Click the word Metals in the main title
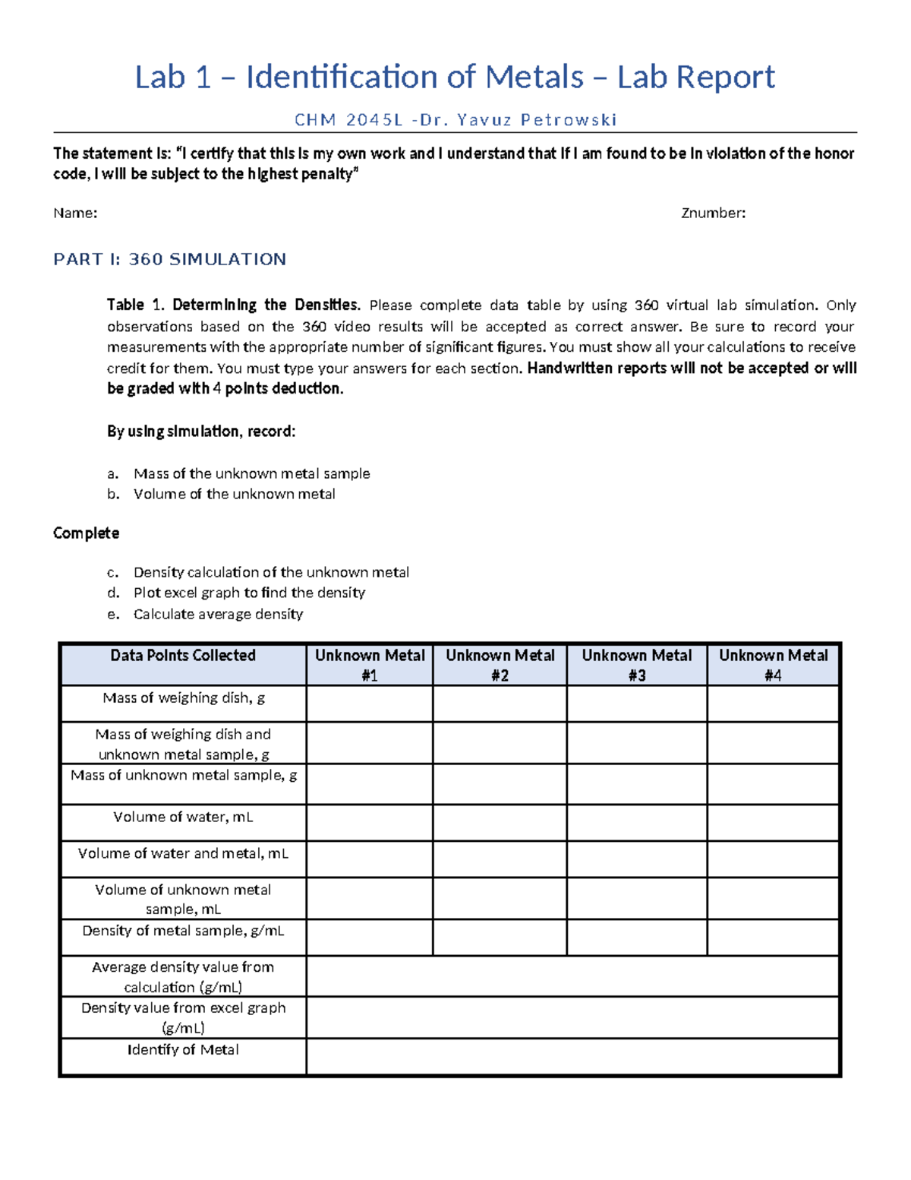(534, 77)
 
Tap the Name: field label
(75, 214)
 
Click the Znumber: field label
(713, 214)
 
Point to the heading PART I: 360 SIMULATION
(169, 260)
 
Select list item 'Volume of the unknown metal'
(234, 494)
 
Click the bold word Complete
(86, 533)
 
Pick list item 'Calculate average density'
(218, 614)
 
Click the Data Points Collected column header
(182, 656)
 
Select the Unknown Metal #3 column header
(636, 665)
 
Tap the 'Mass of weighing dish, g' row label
(183, 698)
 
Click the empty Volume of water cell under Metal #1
(370, 822)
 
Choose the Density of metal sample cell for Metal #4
(773, 936)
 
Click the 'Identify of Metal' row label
(182, 1050)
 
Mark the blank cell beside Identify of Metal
(572, 1056)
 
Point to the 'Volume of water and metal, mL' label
(183, 854)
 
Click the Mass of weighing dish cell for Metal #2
(500, 704)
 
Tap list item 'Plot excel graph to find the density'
(249, 593)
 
